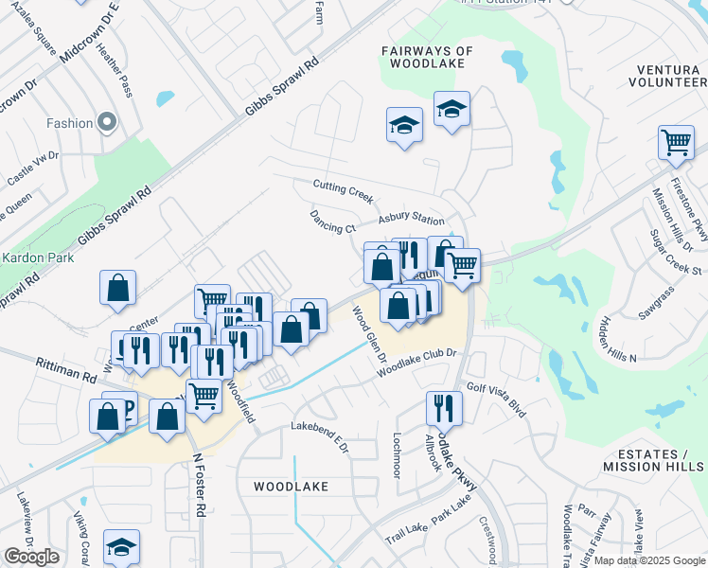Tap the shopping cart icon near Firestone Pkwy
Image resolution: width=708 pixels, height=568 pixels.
(676, 143)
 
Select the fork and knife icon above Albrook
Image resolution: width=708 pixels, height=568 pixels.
(443, 408)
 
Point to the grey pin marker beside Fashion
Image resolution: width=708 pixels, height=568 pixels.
(107, 122)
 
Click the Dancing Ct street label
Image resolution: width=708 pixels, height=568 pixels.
(332, 222)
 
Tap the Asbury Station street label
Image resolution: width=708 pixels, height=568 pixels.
(412, 219)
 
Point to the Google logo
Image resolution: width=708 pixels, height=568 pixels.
(31, 557)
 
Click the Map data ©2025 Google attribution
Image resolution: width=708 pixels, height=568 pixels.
(649, 560)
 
